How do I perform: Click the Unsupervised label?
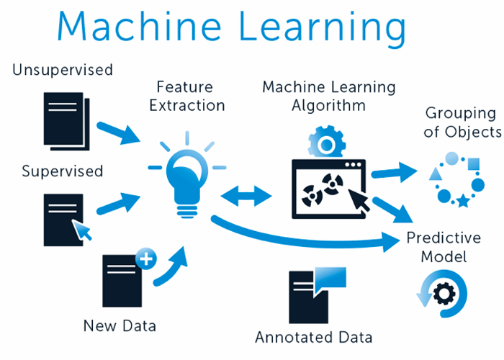pos(63,70)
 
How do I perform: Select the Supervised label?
pos(63,171)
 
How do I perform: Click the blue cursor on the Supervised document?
pos(84,231)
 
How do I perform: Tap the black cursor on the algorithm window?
pos(361,199)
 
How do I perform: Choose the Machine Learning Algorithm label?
pos(328,96)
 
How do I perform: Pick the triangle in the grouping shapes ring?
pos(435,174)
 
